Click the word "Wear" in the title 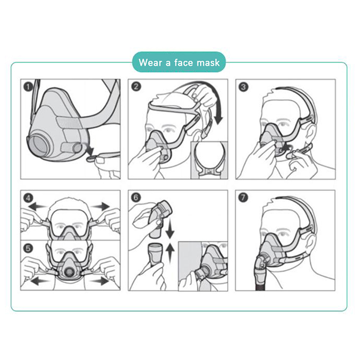click(150, 63)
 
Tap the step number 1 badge click(28, 87)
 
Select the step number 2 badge click(136, 86)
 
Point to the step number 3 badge click(243, 87)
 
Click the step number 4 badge click(28, 198)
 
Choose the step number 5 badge click(28, 248)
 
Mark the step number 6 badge click(136, 198)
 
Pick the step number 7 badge click(243, 198)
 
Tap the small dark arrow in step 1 click(90, 149)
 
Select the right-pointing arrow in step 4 click(101, 207)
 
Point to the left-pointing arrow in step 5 click(40, 281)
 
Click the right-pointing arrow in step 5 click(99, 280)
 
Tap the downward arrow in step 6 click(170, 229)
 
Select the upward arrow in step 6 click(170, 252)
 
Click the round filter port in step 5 click(68, 272)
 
